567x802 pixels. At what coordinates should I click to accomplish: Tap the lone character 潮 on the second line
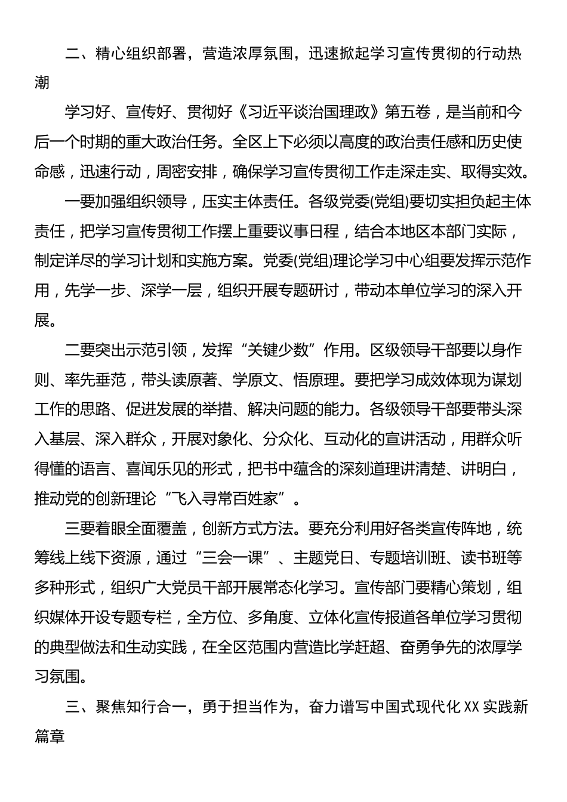(x=42, y=82)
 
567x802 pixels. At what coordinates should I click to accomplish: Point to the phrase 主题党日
(x=318, y=558)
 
